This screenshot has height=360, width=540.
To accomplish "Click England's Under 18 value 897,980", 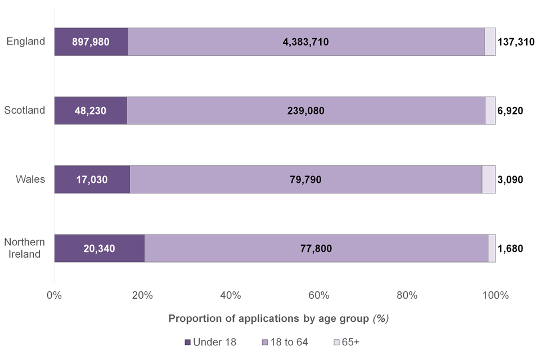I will [x=91, y=42].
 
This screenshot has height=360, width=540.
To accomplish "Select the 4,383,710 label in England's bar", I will [x=305, y=42].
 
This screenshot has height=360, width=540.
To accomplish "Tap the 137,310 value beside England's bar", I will [x=516, y=42].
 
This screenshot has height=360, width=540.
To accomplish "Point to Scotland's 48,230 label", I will [x=91, y=111].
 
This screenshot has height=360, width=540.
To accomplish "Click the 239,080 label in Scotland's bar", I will [x=305, y=111].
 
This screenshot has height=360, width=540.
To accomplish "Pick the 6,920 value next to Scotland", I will [x=510, y=111].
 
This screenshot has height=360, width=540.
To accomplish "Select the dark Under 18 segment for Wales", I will [x=92, y=179].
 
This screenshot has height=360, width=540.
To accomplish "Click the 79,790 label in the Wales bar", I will [x=305, y=179].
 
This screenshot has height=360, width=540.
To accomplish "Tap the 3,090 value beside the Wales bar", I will [x=510, y=179].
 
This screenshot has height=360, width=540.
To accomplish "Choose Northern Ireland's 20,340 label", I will [x=99, y=249].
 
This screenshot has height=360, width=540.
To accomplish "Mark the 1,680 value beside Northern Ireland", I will [x=510, y=249].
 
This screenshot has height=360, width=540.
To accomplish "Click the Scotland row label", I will [x=25, y=110].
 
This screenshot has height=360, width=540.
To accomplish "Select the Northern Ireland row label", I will [x=25, y=248].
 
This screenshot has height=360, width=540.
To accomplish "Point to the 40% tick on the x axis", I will [x=231, y=295].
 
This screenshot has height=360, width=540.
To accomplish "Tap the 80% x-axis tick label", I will [x=407, y=295].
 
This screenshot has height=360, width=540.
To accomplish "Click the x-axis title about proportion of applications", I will [x=279, y=318].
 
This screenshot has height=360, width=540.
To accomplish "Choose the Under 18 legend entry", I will [x=210, y=342].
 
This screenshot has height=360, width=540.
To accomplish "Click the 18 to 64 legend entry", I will [x=285, y=342].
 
